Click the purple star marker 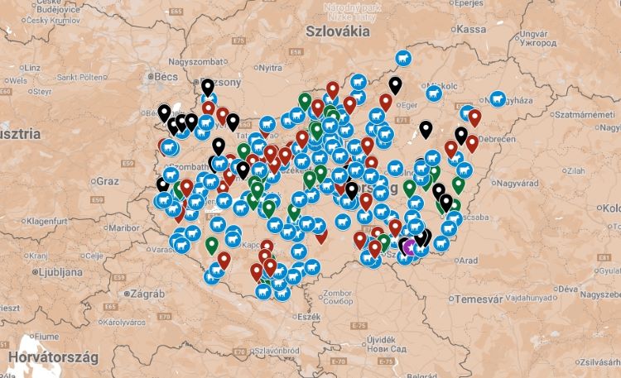pos(408,246)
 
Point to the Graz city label pos(108,180)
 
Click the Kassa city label pos(470,29)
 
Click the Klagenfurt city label pos(50,221)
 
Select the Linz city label pos(31,67)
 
